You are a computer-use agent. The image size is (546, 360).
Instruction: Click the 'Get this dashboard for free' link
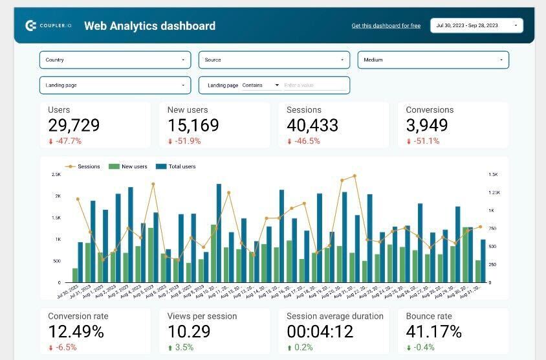386,26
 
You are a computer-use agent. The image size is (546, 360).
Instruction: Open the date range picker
476,26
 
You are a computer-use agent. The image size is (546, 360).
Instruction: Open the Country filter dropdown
115,60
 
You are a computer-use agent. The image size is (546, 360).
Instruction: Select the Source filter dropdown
274,60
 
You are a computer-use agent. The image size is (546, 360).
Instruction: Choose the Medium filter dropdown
433,60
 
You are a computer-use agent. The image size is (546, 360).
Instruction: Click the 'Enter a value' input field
314,85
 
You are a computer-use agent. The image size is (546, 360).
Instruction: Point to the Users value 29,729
74,126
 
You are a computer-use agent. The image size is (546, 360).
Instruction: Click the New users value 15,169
193,126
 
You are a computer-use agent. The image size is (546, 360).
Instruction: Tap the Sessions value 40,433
312,126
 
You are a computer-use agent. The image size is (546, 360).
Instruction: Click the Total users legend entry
181,166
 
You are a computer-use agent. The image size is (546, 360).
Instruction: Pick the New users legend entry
134,166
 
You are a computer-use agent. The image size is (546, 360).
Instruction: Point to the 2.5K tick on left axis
56,174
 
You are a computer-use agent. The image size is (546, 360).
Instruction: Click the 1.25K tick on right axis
494,192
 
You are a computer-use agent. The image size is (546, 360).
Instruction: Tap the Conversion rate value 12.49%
76,332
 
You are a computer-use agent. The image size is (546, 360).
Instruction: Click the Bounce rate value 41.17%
433,332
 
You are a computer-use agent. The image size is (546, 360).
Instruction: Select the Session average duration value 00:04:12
320,332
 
